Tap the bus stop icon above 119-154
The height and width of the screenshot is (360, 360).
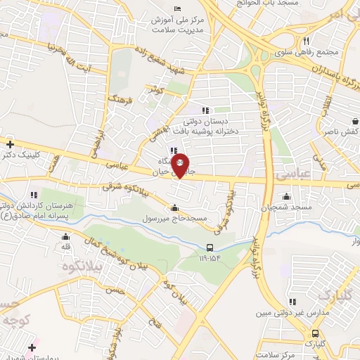click(210, 247)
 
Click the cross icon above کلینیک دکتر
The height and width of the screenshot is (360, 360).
click(10, 143)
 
